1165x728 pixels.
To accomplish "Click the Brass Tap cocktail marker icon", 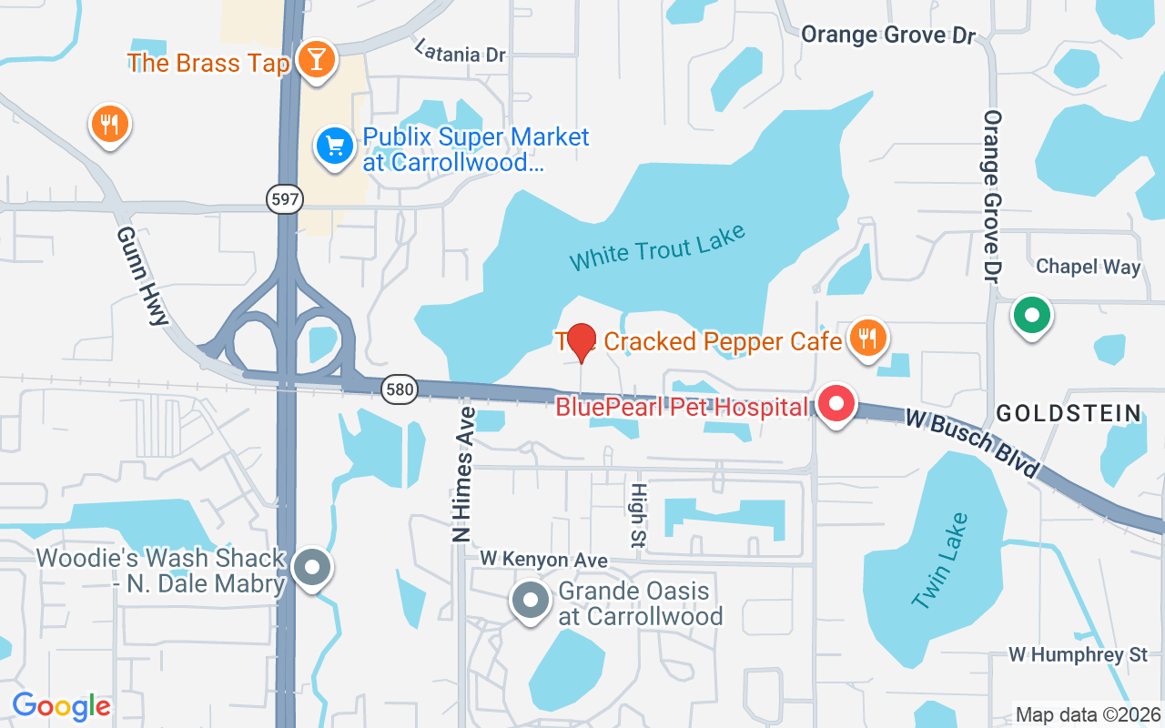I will (316, 59).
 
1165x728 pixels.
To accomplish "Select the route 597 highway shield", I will (285, 199).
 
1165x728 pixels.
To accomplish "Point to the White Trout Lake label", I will (657, 248).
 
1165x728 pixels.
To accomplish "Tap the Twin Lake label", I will (940, 561).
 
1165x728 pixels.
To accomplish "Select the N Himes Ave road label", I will (464, 474).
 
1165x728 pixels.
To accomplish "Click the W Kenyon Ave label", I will (543, 560).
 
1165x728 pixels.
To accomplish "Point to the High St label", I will (637, 514).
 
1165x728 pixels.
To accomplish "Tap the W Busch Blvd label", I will (971, 443).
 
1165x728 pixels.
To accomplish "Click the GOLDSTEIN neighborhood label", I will (1069, 413).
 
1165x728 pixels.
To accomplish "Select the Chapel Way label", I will (1088, 267).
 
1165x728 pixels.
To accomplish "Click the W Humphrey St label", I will (1079, 654).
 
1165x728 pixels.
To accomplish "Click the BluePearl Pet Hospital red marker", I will (836, 404).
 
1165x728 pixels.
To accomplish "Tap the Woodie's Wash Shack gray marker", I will (313, 568).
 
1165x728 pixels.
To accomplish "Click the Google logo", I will (61, 706).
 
